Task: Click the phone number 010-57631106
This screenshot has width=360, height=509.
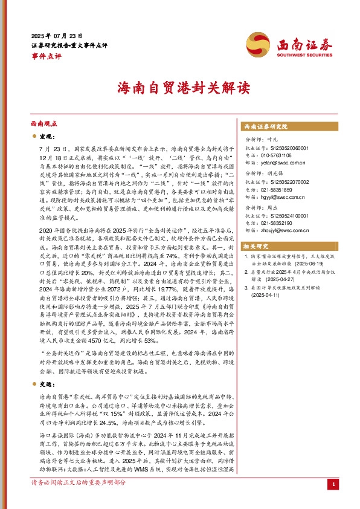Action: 279,155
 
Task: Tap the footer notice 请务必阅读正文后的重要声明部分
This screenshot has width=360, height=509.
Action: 79,501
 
